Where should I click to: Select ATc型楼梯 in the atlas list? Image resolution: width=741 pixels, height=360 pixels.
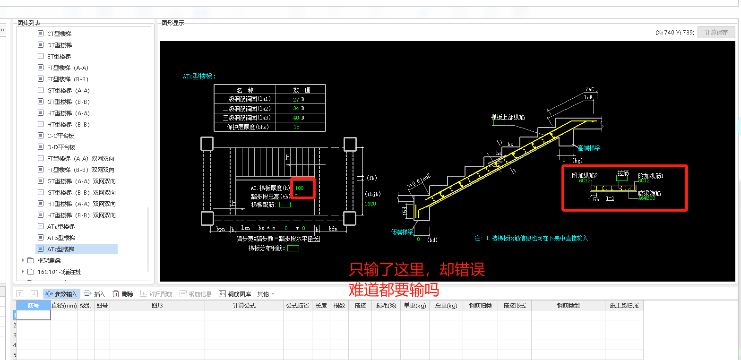[61, 249]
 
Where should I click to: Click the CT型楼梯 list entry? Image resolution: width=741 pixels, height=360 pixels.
[59, 34]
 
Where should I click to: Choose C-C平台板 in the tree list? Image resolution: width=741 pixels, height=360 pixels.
[61, 136]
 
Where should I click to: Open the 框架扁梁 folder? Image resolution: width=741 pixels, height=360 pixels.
[49, 260]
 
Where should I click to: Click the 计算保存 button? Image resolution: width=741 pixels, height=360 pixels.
[716, 32]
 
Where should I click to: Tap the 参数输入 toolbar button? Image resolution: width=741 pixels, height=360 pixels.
[62, 294]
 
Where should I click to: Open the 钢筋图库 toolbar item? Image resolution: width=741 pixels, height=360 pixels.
[235, 294]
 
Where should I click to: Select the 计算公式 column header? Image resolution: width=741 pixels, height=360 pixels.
[244, 306]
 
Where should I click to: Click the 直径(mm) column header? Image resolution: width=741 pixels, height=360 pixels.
[64, 306]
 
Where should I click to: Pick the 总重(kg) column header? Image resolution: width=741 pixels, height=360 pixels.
[446, 306]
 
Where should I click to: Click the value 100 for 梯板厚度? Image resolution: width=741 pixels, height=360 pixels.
[299, 188]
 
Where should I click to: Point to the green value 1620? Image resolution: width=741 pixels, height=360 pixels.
[370, 204]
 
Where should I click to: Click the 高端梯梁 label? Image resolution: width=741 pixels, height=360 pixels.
[589, 148]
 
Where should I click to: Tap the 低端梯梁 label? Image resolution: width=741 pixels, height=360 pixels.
[403, 232]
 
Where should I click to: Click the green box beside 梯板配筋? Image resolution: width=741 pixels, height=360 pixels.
[285, 205]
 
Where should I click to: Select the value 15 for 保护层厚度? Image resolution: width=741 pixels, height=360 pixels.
[296, 127]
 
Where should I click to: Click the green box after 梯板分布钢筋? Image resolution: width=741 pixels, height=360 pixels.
[293, 248]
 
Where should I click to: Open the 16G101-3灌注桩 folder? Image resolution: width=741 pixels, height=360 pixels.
[59, 272]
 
